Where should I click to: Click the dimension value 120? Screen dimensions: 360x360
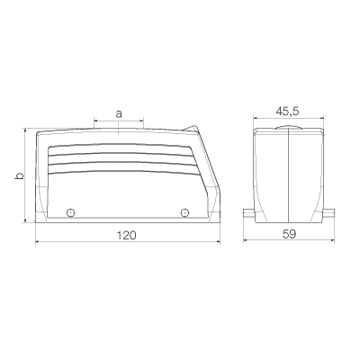pos(126,235)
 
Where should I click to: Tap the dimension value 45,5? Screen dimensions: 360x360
pos(288,112)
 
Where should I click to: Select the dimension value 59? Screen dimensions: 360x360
pos(289,234)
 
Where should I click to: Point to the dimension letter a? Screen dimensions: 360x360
pos(119,114)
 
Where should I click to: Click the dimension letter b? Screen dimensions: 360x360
pos(19,176)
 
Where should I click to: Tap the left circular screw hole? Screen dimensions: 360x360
pos(70,213)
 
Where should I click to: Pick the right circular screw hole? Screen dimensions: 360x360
pos(184,213)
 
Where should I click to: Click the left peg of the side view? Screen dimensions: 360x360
pos(249,214)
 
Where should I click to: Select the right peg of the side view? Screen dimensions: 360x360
pos(328,214)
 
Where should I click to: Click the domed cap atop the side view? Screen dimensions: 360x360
pos(288,127)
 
